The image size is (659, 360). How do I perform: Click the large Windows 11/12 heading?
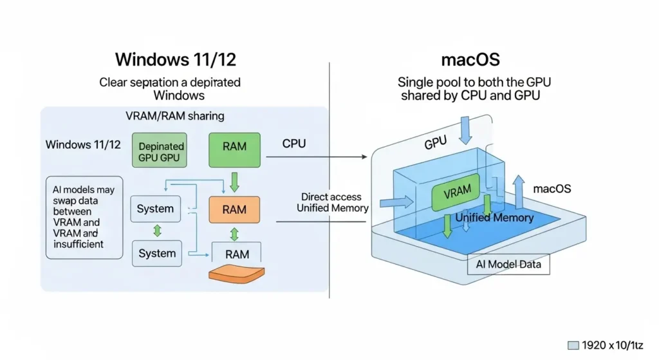tap(176, 60)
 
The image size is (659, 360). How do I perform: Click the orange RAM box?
tap(234, 209)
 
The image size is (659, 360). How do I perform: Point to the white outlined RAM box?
tap(236, 253)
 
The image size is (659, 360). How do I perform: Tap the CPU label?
tap(294, 144)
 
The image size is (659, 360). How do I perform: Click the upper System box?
tap(155, 209)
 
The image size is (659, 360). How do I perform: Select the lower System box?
tap(155, 253)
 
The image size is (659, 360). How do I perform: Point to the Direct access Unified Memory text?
tap(332, 202)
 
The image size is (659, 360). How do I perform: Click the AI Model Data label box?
tap(508, 264)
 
